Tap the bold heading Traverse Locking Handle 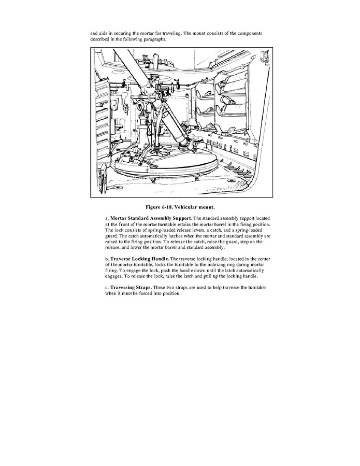[140, 258]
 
